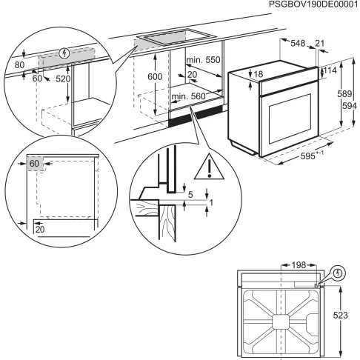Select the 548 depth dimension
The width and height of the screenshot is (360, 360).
[298, 43]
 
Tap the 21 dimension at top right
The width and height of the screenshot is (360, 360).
[321, 43]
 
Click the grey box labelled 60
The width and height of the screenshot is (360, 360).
[34, 162]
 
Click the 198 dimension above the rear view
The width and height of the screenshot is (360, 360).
[299, 265]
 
